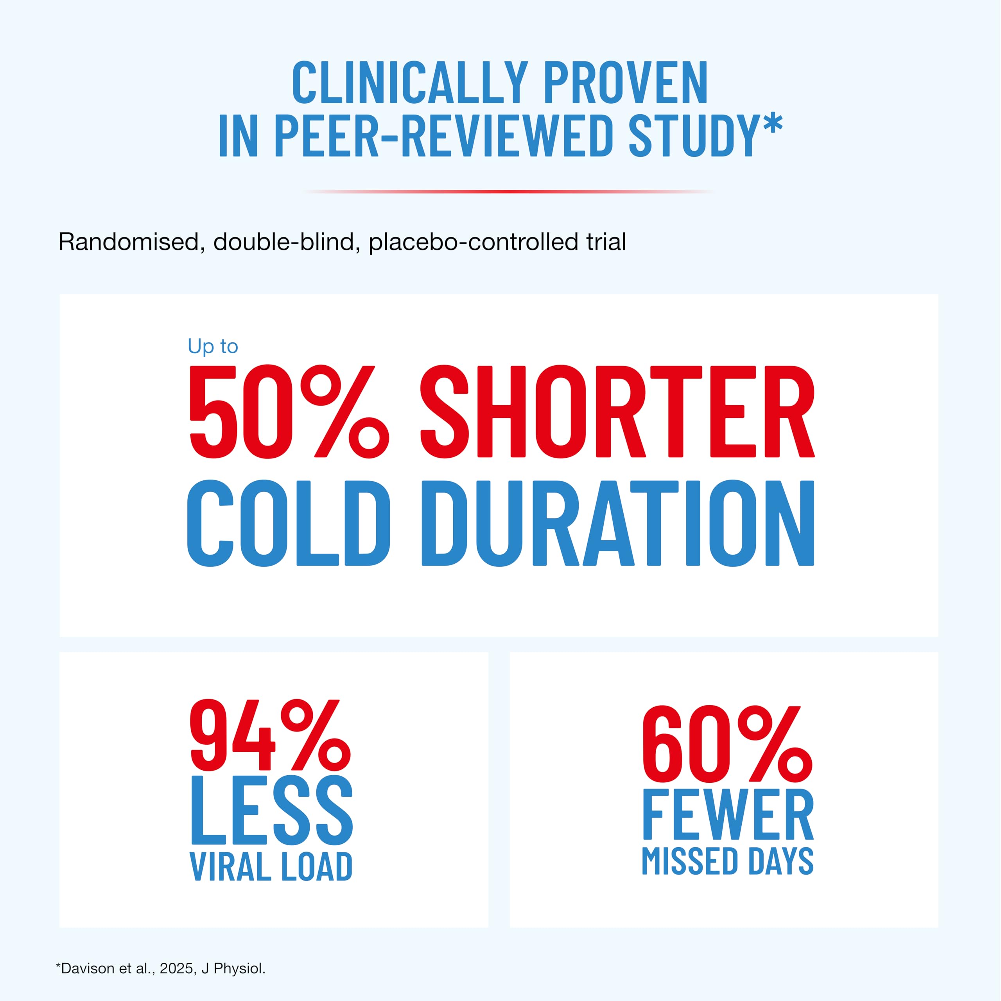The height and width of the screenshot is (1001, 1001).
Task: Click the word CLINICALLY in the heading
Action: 410,83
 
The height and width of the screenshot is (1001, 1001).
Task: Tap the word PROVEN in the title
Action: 625,83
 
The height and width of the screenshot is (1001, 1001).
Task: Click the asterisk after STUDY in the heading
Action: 771,125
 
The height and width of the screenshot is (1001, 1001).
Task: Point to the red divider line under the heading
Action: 509,191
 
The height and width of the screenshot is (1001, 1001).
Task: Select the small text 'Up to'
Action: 212,346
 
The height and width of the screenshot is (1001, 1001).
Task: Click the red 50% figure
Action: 288,412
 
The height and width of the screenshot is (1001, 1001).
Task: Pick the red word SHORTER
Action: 617,412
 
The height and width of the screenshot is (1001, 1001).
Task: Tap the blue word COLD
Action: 288,523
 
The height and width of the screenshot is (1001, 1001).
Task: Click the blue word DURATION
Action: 617,523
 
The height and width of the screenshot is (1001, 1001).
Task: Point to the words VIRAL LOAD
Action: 271,867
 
